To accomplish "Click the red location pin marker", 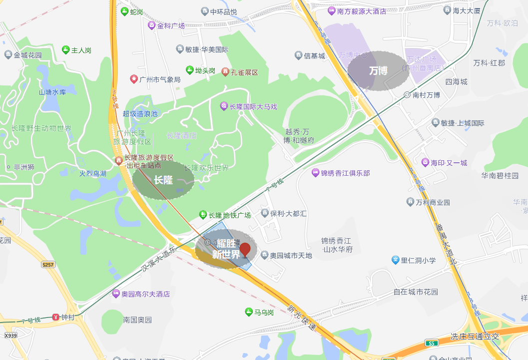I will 245,249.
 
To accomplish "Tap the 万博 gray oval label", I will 378,71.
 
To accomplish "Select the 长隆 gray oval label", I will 163,180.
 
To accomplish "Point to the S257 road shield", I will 48,265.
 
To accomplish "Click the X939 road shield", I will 10,335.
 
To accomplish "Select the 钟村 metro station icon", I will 56,318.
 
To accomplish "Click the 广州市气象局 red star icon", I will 134,79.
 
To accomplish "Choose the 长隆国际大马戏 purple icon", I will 224,106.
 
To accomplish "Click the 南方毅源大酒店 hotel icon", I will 331,10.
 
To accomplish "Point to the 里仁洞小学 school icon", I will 395,260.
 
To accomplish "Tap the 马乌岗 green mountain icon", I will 249,312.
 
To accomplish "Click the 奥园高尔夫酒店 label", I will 145,294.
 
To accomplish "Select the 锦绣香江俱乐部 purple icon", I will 315,173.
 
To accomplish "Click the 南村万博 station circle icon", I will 407,94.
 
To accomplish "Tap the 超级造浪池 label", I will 140,113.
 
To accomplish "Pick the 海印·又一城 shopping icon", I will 425,162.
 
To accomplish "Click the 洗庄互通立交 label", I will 475,337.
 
